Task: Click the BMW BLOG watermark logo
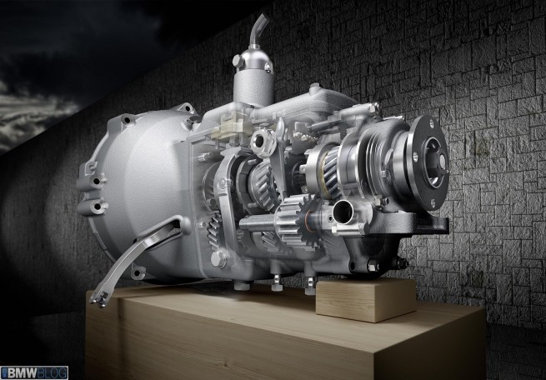coord(34,372)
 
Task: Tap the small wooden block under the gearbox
coord(366,299)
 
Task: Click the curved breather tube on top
coord(259,29)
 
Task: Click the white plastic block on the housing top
coord(232,127)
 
